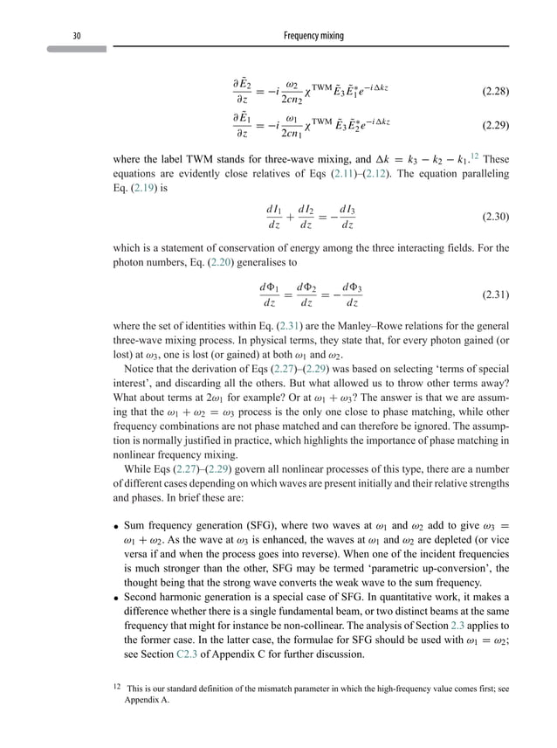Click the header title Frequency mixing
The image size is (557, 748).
tap(314, 35)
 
